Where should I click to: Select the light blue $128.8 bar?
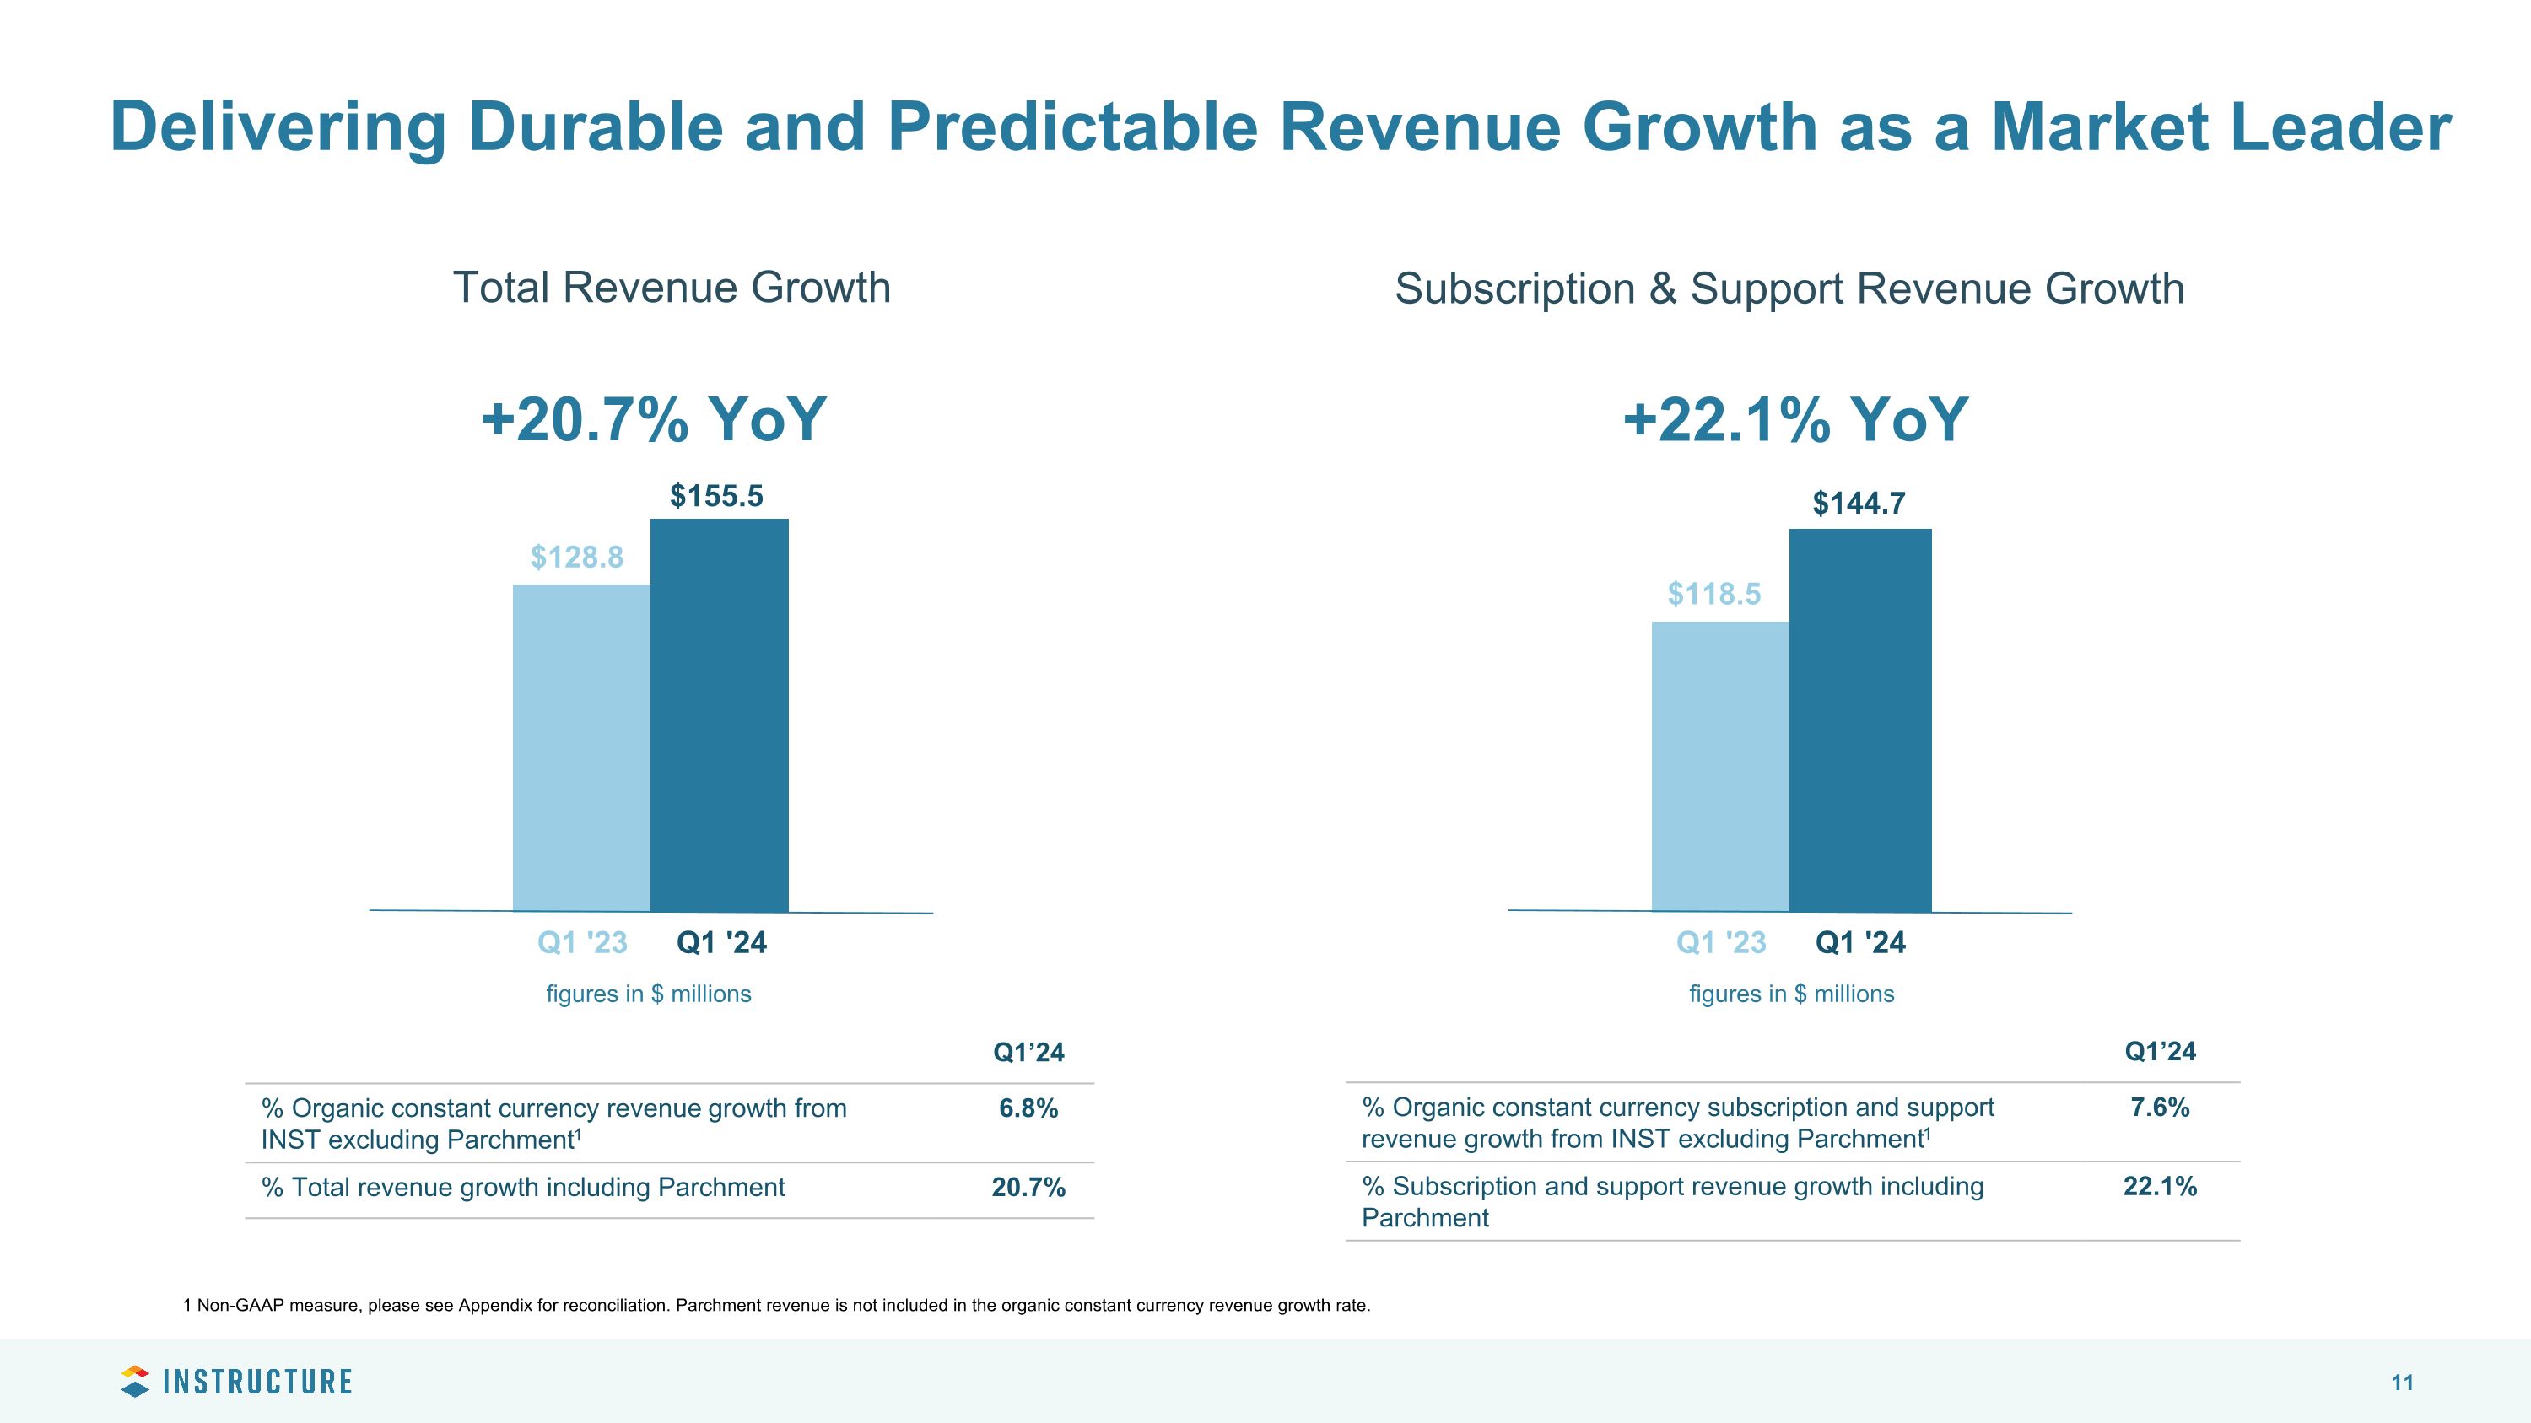[580, 747]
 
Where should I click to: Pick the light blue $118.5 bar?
[1719, 765]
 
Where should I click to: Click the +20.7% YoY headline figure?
[653, 419]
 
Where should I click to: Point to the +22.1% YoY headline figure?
[1795, 419]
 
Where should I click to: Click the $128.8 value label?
[577, 558]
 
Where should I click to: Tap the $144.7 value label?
[1858, 504]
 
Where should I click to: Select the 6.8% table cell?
[1028, 1108]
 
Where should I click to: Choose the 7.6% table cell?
[2159, 1108]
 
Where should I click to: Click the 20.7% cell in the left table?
[1028, 1188]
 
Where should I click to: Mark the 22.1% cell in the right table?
[2159, 1186]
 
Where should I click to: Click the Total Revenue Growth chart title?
[671, 288]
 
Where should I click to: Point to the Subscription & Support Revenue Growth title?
[1789, 288]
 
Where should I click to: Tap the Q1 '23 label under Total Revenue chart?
[581, 943]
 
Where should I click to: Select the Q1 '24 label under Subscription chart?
[1860, 943]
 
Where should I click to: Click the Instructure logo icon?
[135, 1381]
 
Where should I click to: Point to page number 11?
[2401, 1383]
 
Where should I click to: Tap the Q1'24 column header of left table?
[1028, 1053]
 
